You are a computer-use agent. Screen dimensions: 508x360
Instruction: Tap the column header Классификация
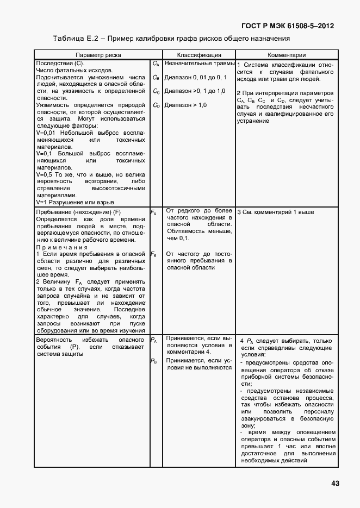point(199,55)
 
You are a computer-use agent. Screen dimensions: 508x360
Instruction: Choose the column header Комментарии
point(287,55)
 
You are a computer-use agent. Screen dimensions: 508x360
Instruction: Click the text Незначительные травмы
point(199,64)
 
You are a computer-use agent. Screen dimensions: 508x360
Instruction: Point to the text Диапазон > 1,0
point(185,105)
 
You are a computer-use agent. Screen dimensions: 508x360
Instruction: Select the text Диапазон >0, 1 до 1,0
point(195,91)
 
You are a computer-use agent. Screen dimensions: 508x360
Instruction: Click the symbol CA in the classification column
point(156,64)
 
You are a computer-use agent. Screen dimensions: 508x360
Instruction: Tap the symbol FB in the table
point(153,254)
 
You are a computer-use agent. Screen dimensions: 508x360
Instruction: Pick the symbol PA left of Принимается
point(153,341)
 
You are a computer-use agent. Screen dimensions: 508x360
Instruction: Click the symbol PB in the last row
point(153,361)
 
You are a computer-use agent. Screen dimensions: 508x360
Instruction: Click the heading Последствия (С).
point(60,64)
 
